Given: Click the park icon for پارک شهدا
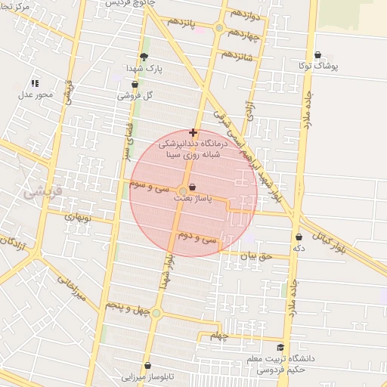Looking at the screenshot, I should [144, 56].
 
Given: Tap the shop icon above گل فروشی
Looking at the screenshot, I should [135, 84].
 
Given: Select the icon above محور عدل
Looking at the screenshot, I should [34, 83].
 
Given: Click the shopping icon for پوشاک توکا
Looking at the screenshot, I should [317, 55].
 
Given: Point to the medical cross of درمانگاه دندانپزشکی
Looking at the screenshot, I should [193, 132].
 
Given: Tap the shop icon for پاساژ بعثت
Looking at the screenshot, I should [192, 187].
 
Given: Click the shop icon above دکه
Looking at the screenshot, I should [299, 237].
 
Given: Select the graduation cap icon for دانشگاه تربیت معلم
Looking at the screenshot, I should [281, 347].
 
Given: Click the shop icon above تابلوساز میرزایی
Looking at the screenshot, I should [148, 365].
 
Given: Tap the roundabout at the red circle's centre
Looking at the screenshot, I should [183, 191].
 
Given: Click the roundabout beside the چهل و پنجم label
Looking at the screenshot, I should [156, 313].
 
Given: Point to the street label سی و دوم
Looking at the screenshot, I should [197, 238].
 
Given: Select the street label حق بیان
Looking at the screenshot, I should [254, 256].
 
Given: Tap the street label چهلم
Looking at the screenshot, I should [218, 335].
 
